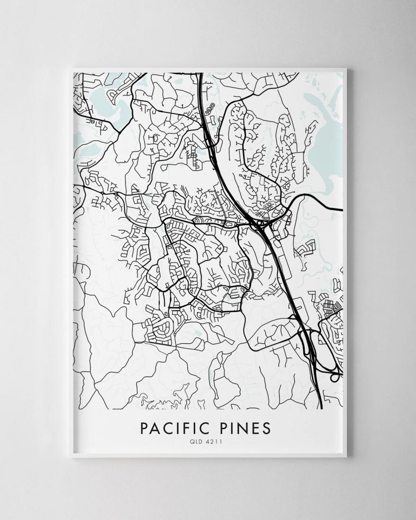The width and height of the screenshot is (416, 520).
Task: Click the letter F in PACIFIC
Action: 182,428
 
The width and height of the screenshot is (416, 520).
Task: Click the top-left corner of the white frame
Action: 70,69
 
